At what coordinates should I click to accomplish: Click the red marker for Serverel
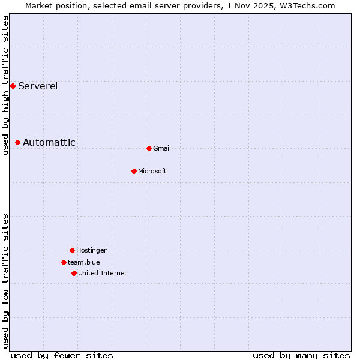click(x=13, y=86)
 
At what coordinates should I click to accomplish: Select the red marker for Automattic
click(x=18, y=142)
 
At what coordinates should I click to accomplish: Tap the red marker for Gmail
click(x=149, y=148)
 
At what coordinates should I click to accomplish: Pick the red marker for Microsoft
click(x=134, y=171)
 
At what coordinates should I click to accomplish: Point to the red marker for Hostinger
click(x=72, y=250)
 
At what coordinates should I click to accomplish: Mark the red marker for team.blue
click(x=64, y=262)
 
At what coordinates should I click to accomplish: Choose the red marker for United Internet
click(x=74, y=273)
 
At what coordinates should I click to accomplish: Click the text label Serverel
click(x=38, y=86)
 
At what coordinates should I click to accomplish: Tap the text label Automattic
click(x=49, y=142)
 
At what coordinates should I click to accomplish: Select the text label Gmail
click(x=162, y=148)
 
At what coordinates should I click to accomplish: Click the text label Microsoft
click(x=152, y=171)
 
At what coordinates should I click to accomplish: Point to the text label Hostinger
click(x=91, y=250)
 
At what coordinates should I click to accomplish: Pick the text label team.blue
click(x=84, y=262)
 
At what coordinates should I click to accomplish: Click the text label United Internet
click(x=103, y=273)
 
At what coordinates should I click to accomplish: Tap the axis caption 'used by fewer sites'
click(x=62, y=355)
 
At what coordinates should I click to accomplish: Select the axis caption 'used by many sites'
click(x=301, y=355)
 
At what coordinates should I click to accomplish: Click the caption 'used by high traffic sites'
click(x=5, y=85)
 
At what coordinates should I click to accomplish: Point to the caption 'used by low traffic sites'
click(x=5, y=281)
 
